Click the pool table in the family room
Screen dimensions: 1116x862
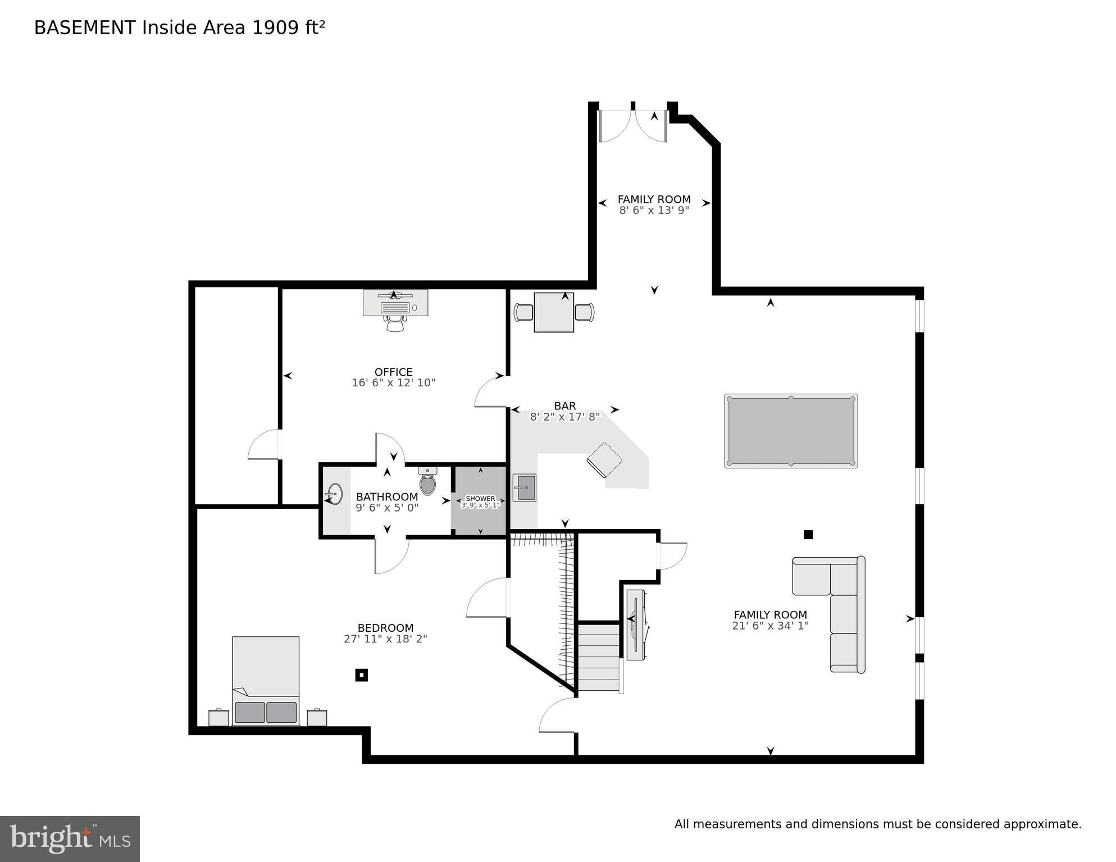(791, 431)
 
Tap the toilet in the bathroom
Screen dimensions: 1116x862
(427, 481)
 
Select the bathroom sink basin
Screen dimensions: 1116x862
(334, 494)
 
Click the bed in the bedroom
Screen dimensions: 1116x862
(266, 681)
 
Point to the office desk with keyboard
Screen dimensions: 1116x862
(395, 303)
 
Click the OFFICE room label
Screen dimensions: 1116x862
(394, 372)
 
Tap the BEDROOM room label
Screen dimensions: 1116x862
(385, 628)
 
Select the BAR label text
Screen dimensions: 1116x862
(565, 405)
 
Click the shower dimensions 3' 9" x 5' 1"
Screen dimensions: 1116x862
(480, 505)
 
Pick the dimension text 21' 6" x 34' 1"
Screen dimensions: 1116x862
(771, 626)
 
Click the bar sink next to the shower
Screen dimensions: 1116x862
(525, 487)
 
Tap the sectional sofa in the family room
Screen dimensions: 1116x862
(829, 614)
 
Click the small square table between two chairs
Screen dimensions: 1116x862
(554, 312)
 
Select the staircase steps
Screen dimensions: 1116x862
(599, 657)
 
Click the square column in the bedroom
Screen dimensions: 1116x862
(362, 675)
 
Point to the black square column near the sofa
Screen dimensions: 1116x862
(808, 535)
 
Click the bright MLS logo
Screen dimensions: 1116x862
(70, 838)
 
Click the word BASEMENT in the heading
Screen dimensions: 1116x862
(85, 28)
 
